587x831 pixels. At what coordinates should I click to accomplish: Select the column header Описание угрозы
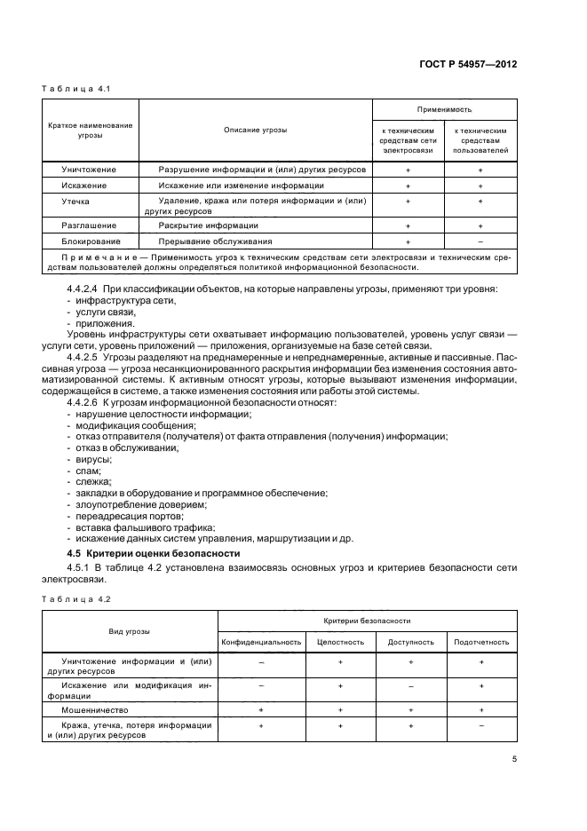[255, 130]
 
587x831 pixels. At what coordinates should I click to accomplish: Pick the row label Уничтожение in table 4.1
[83, 169]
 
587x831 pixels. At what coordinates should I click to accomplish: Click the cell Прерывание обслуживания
[215, 241]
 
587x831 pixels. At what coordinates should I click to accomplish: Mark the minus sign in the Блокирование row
[480, 241]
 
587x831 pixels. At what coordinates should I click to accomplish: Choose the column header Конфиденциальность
[262, 641]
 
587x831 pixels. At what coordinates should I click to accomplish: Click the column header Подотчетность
[481, 641]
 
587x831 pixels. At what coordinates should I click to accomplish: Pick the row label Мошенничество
[95, 710]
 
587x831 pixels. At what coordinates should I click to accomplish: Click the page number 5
[515, 758]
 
